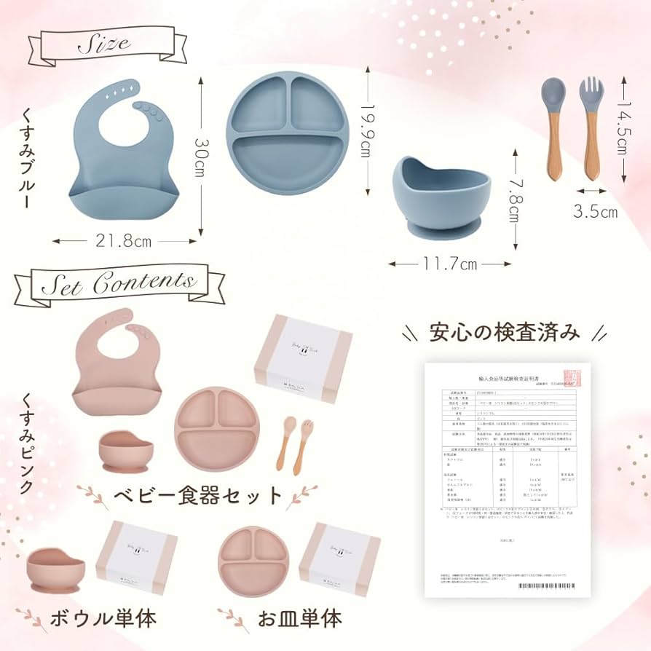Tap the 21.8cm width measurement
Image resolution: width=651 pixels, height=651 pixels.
point(125,241)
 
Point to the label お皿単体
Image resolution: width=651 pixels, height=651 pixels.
point(299,620)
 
